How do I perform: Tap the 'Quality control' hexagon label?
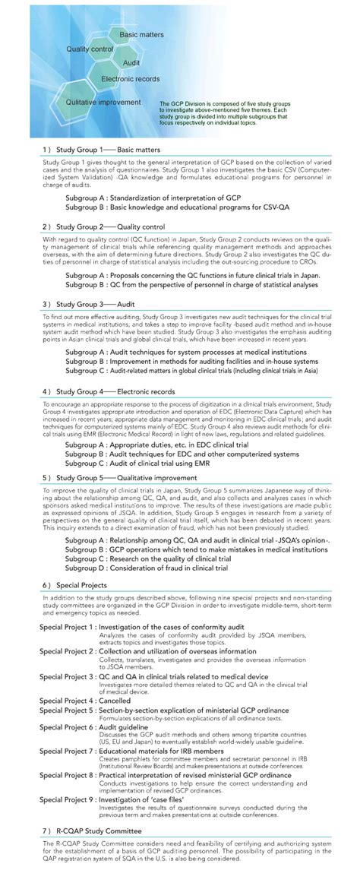[x=90, y=49]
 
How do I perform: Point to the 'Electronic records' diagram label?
[x=131, y=78]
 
